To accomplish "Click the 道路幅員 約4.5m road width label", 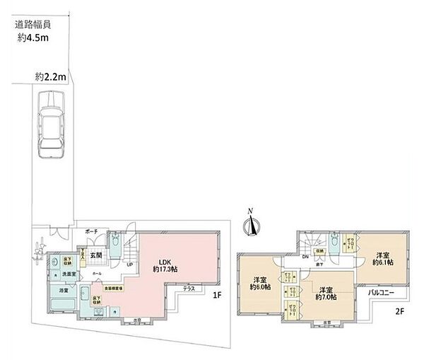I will pos(33,31).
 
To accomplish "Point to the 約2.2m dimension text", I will pos(50,76).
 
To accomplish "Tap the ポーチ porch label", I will pos(91,232).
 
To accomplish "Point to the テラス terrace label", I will pos(189,289).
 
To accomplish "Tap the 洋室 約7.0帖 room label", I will pos(326,294).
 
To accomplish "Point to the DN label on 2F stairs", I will pos(305,256).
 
